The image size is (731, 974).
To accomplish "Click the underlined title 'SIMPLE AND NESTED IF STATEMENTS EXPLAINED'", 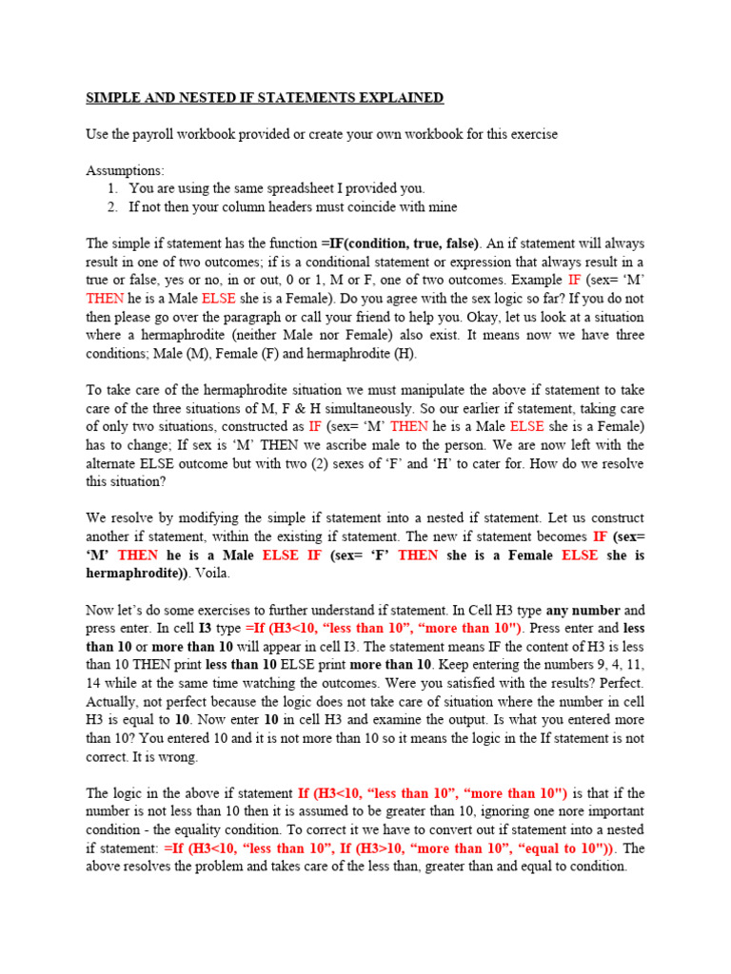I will point(265,98).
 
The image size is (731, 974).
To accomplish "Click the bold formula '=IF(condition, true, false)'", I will point(400,243).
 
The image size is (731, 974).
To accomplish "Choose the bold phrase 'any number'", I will point(583,610).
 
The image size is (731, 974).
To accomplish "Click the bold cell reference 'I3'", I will point(205,628).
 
